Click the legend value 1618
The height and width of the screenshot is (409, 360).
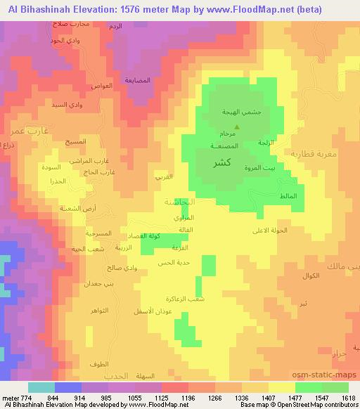point(348,396)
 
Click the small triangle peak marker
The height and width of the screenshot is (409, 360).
point(236,127)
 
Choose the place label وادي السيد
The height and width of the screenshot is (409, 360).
point(68,105)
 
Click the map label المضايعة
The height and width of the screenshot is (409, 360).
point(139,80)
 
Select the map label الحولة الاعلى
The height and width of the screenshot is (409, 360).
point(271,230)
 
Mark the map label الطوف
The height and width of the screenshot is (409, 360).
point(99,364)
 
